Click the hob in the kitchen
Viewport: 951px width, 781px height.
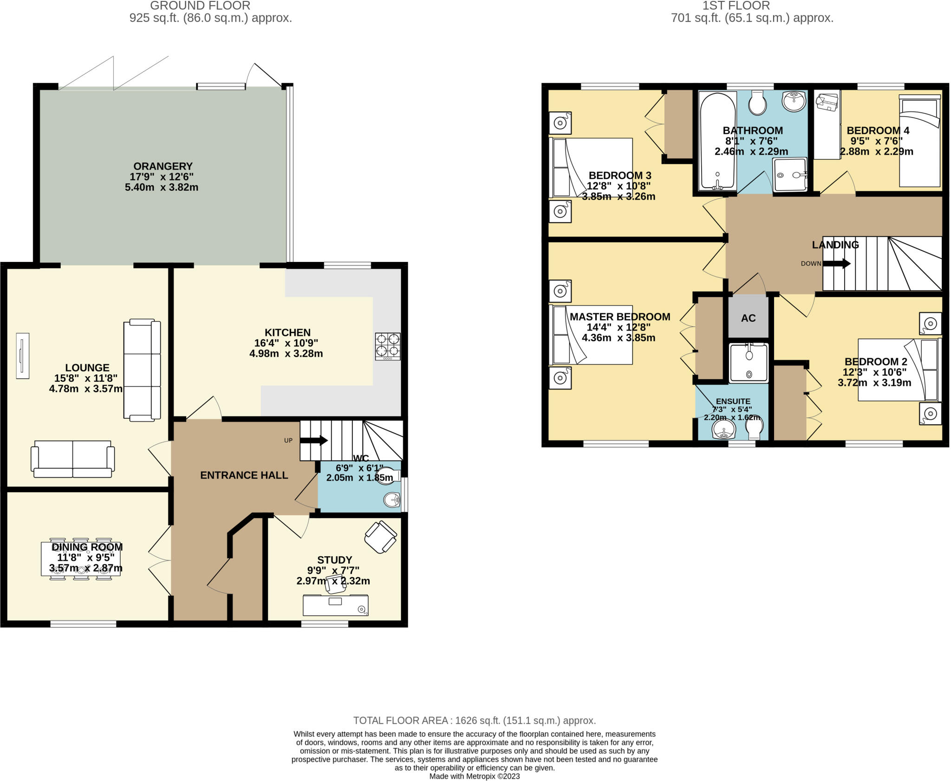click(388, 346)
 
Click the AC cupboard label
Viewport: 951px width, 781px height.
click(748, 318)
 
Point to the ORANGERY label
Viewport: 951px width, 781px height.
click(163, 166)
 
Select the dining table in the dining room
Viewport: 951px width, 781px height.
click(81, 559)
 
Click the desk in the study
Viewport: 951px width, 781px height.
click(335, 605)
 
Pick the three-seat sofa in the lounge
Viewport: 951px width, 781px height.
click(142, 370)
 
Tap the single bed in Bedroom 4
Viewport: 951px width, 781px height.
click(919, 142)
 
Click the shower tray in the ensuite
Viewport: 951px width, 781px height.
click(748, 362)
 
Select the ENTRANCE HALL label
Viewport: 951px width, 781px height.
click(244, 475)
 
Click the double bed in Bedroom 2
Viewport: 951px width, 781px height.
click(897, 370)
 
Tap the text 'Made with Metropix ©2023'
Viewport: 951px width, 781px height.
click(474, 776)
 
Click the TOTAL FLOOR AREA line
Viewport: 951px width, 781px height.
click(474, 721)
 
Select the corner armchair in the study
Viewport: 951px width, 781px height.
click(381, 537)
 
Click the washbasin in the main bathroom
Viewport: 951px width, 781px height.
click(794, 101)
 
